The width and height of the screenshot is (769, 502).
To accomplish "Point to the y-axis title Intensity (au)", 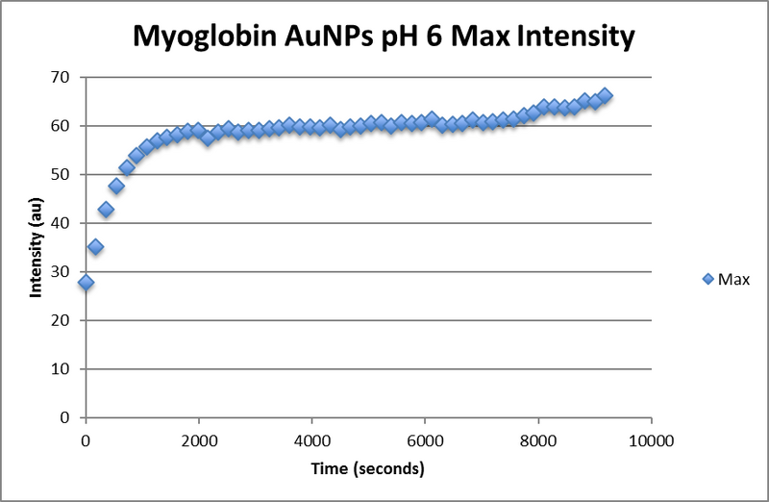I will click(37, 248).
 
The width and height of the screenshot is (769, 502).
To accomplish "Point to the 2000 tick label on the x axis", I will click(198, 442).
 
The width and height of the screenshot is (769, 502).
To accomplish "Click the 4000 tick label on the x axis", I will click(311, 442).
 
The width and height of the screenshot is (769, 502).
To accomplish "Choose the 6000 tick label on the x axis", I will click(425, 442).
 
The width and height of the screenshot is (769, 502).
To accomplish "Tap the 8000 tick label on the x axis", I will click(538, 442).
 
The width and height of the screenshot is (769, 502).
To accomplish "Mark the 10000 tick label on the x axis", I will click(651, 442).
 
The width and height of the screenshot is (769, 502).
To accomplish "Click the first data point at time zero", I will click(86, 283).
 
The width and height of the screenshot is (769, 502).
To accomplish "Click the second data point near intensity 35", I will click(96, 247).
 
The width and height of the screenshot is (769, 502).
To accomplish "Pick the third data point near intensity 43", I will click(106, 210).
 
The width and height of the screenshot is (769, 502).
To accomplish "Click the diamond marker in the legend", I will click(709, 279).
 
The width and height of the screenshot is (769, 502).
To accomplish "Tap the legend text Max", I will click(733, 279).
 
